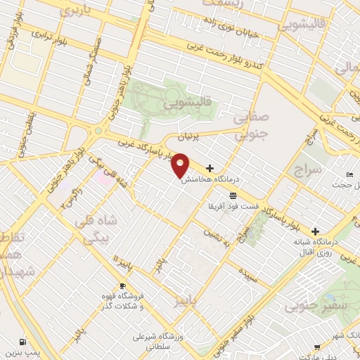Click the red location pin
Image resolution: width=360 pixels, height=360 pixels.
click(181, 165)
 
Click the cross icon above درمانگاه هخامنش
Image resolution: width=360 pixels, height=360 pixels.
click(210, 168)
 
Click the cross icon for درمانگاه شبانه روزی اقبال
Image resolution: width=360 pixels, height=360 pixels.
click(316, 231)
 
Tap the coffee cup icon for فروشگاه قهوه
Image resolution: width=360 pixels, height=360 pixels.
click(123, 286)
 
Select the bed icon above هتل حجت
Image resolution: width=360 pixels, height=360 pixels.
click(349, 174)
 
